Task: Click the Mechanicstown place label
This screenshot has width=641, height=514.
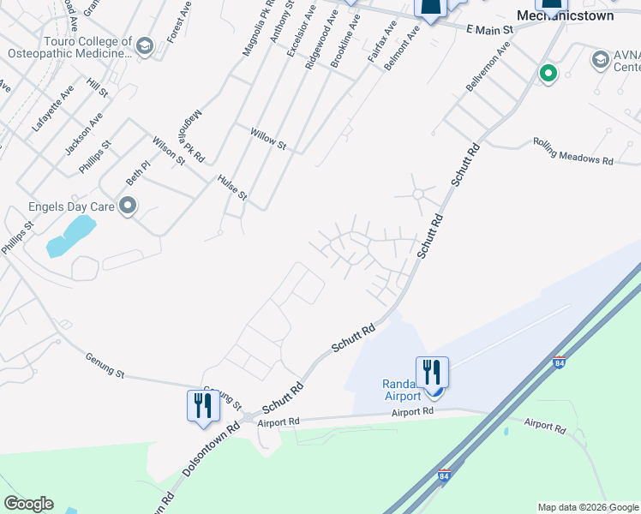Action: coord(566,15)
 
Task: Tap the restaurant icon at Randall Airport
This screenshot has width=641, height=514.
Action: coord(432,372)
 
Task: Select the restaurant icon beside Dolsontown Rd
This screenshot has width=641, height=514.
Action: coord(203,404)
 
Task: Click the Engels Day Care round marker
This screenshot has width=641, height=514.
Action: coord(128,206)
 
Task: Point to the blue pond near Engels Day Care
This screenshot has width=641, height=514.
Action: coord(69,236)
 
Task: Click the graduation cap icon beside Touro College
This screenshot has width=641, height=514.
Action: coord(145,45)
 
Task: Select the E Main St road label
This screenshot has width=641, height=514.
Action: coord(489,30)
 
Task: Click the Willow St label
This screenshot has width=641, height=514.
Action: coord(267,140)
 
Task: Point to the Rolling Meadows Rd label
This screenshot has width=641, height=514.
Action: coord(573,151)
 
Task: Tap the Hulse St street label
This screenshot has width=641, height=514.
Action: coord(232,188)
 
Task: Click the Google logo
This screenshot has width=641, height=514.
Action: coord(28,504)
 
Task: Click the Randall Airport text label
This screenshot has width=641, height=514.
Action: coord(401,390)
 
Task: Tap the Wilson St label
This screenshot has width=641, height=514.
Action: coord(169,150)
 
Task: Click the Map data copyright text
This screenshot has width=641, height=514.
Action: coord(588,507)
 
